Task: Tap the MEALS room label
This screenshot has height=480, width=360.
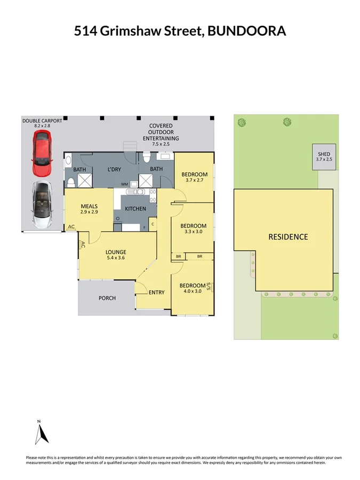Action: click(88, 206)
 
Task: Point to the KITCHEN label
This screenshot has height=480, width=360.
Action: click(135, 209)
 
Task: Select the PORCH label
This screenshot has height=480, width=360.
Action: click(107, 298)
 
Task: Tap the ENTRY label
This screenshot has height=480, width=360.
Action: click(156, 292)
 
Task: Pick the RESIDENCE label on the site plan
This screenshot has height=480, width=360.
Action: click(288, 237)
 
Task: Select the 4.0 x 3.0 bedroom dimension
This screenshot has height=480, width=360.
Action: click(191, 291)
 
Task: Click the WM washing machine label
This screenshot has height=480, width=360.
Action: click(124, 184)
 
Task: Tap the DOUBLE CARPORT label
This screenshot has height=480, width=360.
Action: click(42, 121)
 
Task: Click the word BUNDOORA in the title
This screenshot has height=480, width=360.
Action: click(246, 31)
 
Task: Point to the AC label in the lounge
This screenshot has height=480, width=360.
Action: click(83, 245)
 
